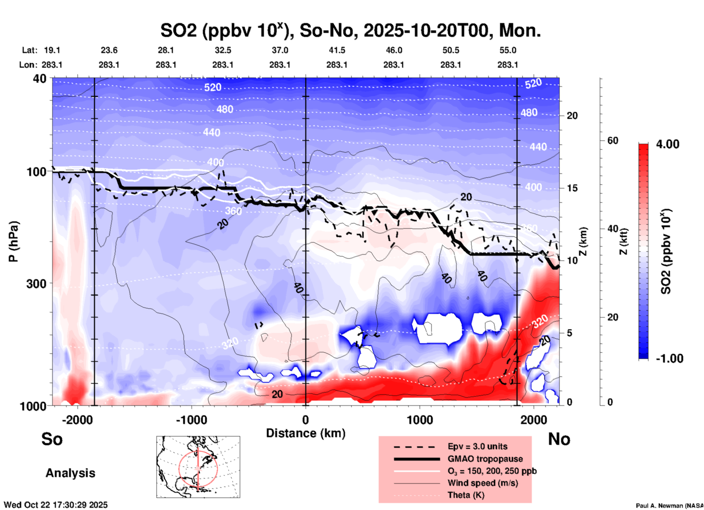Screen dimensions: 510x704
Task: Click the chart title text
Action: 350,31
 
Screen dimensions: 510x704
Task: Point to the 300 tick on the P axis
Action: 37,284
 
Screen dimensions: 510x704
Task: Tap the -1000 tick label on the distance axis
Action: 191,420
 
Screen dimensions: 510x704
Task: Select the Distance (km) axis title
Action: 306,433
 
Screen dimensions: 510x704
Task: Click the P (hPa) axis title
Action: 14,241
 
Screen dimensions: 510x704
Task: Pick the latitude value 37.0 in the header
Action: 280,50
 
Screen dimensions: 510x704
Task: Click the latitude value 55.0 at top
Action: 508,50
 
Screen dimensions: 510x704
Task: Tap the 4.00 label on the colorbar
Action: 668,144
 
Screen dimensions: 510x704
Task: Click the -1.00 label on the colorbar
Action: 669,359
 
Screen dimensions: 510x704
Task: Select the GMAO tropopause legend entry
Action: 485,459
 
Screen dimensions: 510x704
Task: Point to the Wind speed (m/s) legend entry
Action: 482,483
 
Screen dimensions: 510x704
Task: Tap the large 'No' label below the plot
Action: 559,439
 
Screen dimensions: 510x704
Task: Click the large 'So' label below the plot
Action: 52,439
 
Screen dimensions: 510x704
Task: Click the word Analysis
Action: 70,473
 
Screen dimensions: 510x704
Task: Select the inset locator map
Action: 198,467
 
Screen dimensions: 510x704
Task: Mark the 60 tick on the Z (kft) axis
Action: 613,140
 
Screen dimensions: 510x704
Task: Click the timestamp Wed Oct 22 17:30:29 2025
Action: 56,505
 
